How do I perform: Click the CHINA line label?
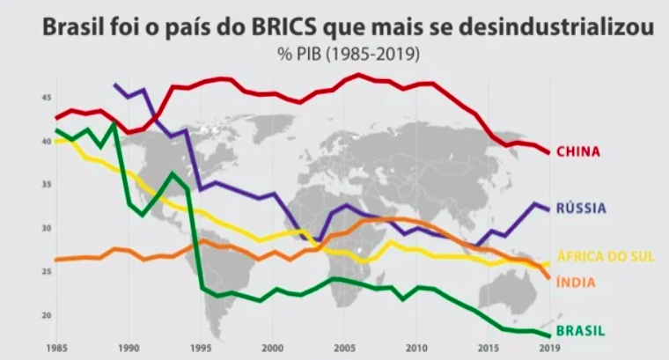pyautogui.click(x=577, y=151)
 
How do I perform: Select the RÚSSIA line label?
pyautogui.click(x=581, y=209)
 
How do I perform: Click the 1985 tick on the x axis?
pyautogui.click(x=58, y=347)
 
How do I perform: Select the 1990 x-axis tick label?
pyautogui.click(x=129, y=347)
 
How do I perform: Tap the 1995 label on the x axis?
pyautogui.click(x=201, y=347)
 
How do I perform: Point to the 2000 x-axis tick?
pyautogui.click(x=273, y=347)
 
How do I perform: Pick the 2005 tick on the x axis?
pyautogui.click(x=344, y=347)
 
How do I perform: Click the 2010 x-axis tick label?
pyautogui.click(x=416, y=347)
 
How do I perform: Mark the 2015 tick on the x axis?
pyautogui.click(x=489, y=347)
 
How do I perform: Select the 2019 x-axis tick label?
pyautogui.click(x=547, y=347)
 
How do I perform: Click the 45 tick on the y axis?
pyautogui.click(x=45, y=98)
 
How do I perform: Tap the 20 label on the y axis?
pyautogui.click(x=45, y=315)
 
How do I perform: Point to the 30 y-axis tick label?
pyautogui.click(x=45, y=228)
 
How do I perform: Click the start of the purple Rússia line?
pyautogui.click(x=114, y=84)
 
